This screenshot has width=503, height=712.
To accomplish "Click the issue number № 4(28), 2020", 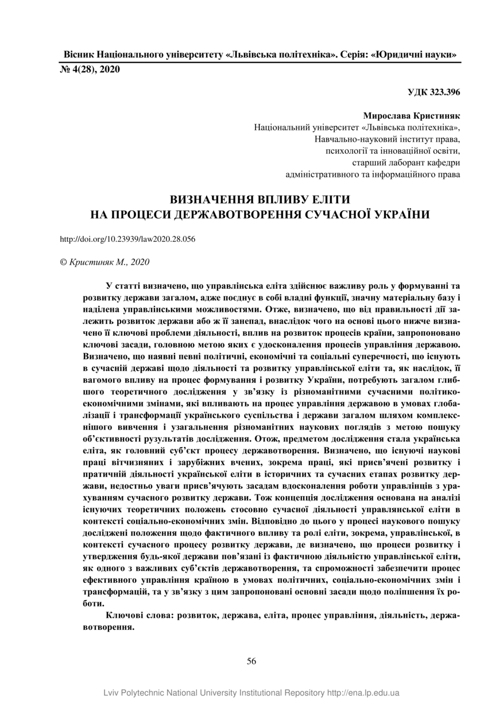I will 90,69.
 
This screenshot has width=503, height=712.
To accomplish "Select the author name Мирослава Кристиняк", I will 411,116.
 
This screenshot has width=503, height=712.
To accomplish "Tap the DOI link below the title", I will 127,239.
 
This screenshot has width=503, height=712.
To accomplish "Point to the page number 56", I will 252,661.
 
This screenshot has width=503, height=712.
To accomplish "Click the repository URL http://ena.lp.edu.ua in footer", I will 363,693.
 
